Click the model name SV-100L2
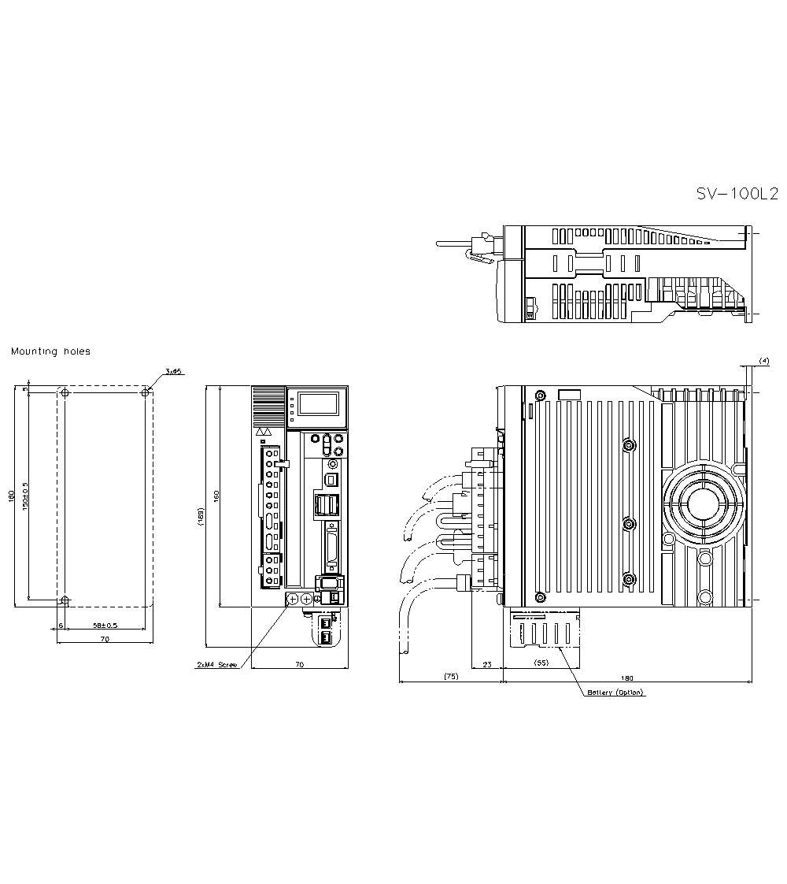coord(737,194)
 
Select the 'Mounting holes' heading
coord(50,351)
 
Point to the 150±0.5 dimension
coord(26,497)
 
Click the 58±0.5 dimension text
coord(105,625)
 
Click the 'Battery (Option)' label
coord(615,693)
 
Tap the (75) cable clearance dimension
coord(450,676)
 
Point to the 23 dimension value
coord(486,665)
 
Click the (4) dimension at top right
coord(763,360)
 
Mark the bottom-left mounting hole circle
coord(65,600)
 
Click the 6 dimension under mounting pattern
coord(61,625)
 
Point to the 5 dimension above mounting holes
coord(25,389)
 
